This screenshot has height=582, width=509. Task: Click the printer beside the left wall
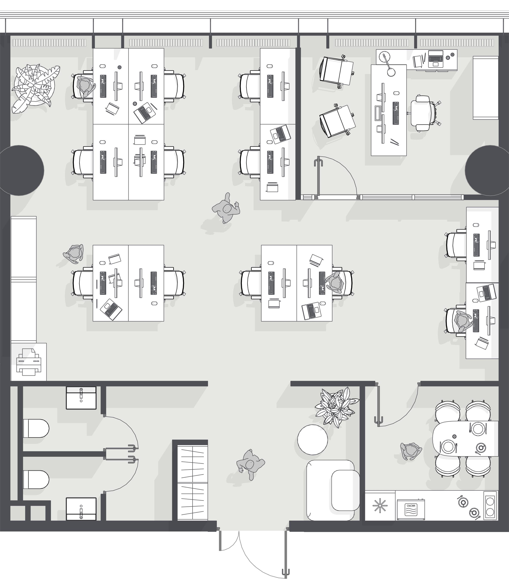click(x=29, y=362)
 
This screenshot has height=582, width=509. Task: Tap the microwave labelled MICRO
click(x=411, y=509)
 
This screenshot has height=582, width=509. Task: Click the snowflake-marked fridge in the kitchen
click(x=380, y=506)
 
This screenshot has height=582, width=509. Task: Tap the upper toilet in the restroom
click(x=36, y=428)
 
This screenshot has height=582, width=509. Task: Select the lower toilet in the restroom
click(x=36, y=479)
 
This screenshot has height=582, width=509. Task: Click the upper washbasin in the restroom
click(x=81, y=398)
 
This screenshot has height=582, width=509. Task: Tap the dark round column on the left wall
click(x=22, y=170)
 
